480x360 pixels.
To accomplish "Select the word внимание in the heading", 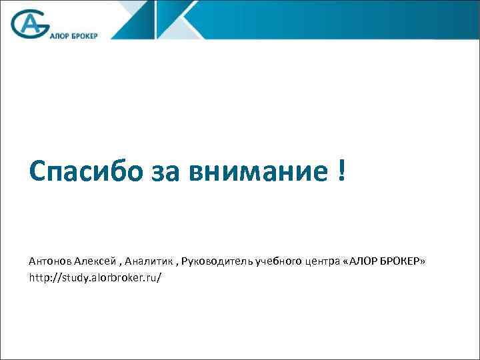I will pyautogui.click(x=256, y=173).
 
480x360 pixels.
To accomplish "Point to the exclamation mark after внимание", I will pyautogui.click(x=341, y=172).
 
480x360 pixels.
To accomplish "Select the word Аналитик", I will pyautogui.click(x=149, y=261).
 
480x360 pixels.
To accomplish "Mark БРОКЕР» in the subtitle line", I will pyautogui.click(x=403, y=261).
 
